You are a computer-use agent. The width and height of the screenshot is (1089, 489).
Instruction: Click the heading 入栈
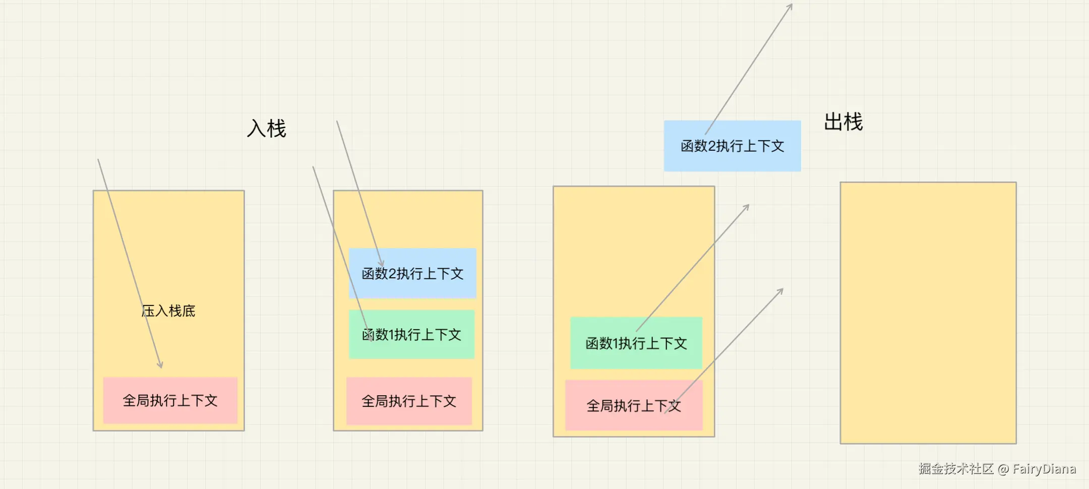pos(266,129)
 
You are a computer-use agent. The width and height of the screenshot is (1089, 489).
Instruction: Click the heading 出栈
pos(843,123)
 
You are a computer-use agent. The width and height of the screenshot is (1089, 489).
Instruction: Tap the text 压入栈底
pos(168,311)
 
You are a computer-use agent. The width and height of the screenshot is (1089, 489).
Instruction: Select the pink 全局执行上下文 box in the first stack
pos(170,400)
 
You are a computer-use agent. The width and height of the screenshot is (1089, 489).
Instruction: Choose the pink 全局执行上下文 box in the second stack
pos(409,401)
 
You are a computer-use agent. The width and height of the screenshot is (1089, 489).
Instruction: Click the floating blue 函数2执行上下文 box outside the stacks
pos(732,146)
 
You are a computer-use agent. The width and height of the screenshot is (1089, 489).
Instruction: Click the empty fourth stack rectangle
pos(928,313)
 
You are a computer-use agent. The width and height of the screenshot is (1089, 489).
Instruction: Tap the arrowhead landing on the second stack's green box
pos(372,340)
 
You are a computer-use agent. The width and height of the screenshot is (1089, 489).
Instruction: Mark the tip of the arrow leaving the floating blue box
pos(792,5)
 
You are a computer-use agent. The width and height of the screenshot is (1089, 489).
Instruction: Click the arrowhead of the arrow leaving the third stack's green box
pos(749,205)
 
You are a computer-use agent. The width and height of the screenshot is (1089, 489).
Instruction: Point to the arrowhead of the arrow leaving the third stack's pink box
pos(782,289)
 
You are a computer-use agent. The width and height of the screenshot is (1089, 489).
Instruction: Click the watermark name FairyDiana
pos(1044,469)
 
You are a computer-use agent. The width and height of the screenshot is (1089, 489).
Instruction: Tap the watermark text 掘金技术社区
pos(955,469)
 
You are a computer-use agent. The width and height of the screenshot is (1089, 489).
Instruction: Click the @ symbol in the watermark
pos(1003,469)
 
